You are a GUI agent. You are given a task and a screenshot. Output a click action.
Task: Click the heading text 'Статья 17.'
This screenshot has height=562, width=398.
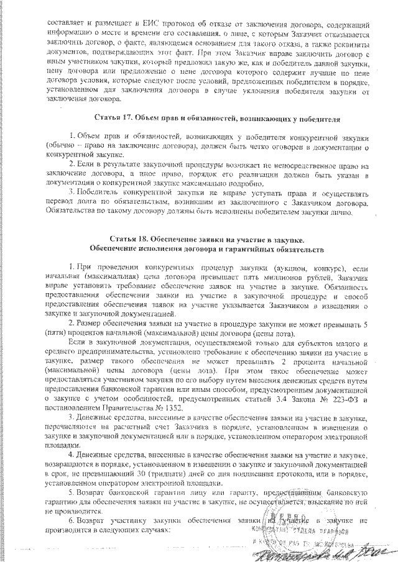pos(115,118)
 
